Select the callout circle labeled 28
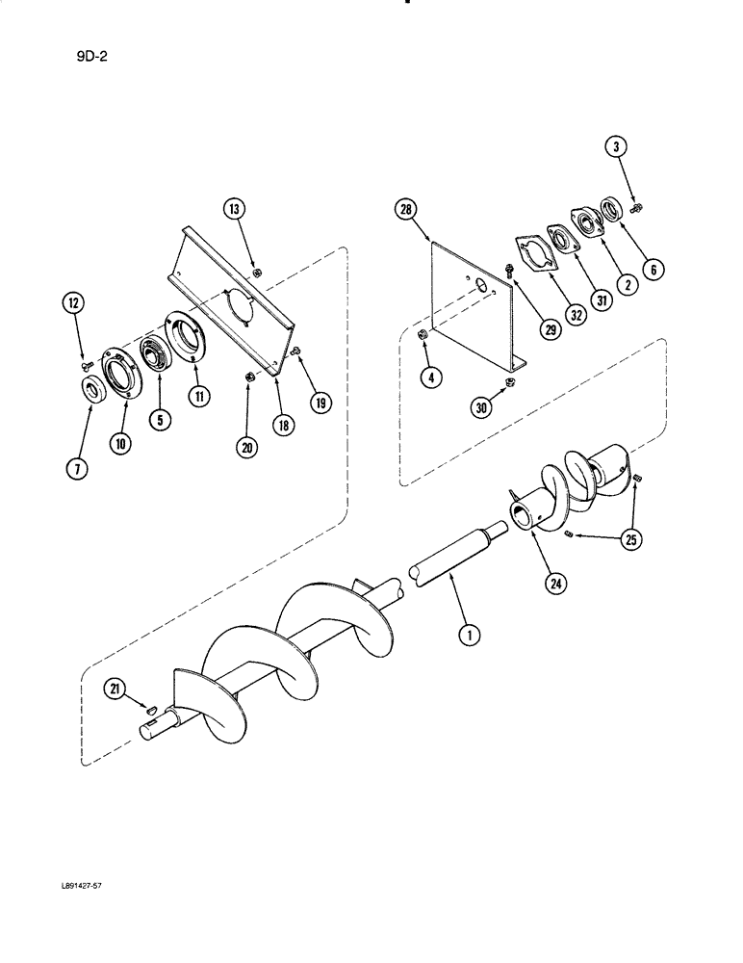[x=406, y=208]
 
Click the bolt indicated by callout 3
[x=636, y=205]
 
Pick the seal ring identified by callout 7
[x=93, y=391]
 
